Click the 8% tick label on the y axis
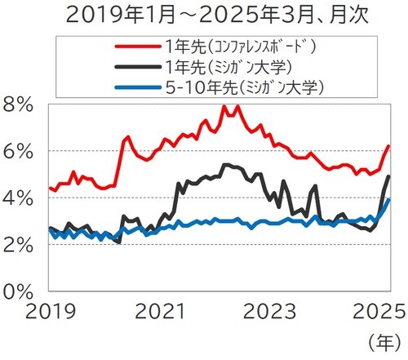point(19,104)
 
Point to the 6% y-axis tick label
point(19,151)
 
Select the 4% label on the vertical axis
point(19,198)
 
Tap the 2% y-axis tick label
point(19,244)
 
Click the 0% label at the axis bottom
point(19,290)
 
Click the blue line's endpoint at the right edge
point(389,199)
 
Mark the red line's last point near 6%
point(389,146)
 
